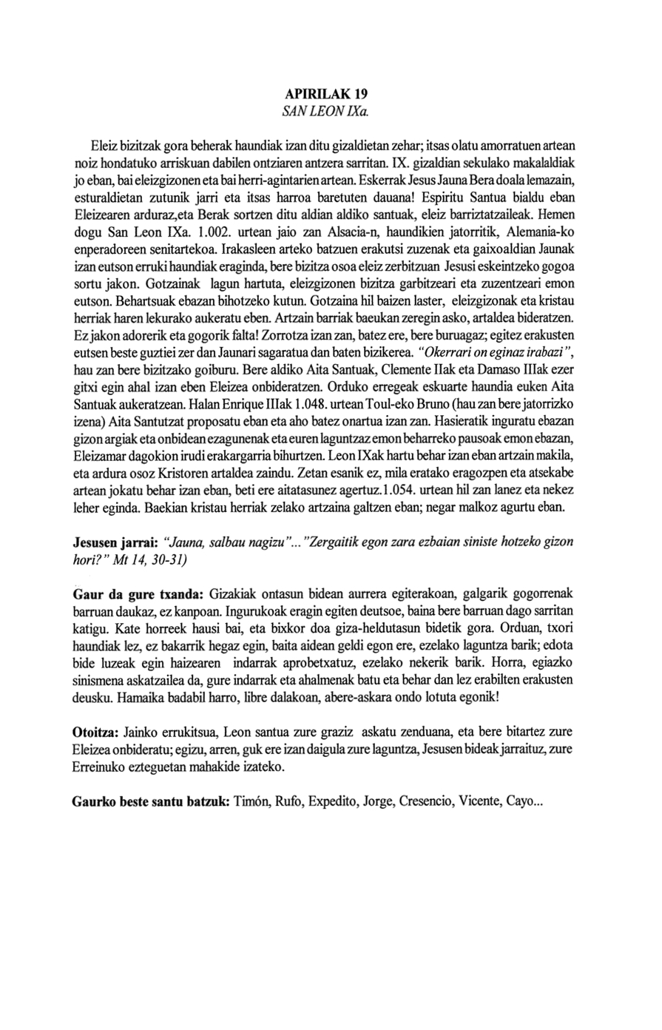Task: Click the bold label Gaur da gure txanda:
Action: [x=138, y=594]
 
